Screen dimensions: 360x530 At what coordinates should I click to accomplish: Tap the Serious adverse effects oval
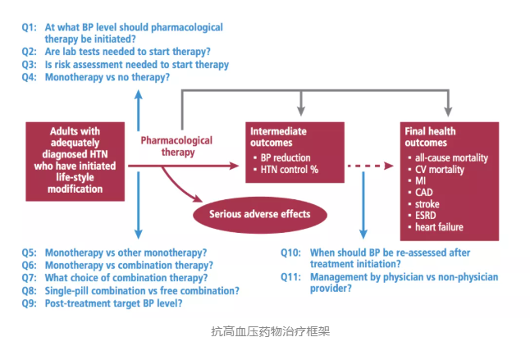coord(259,214)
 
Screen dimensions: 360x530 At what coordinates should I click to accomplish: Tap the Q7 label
coord(30,277)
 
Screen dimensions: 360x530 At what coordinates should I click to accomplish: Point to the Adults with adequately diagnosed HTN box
coord(75,159)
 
